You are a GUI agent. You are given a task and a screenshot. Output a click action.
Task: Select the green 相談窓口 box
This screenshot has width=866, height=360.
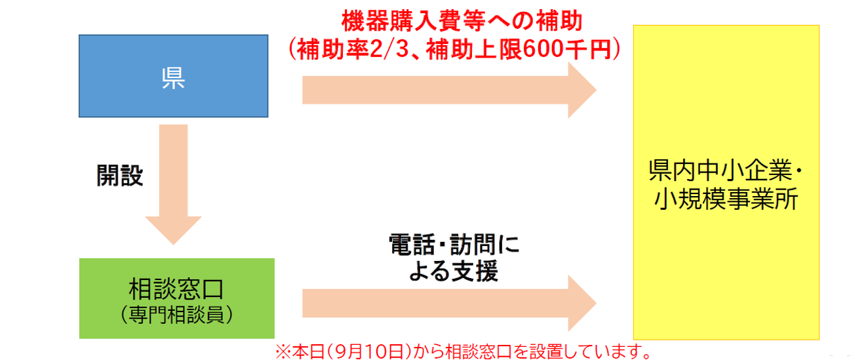[176, 298]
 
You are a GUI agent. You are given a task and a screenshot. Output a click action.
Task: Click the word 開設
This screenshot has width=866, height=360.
[120, 175]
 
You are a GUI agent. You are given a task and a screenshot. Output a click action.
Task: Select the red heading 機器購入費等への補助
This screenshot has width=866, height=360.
[462, 22]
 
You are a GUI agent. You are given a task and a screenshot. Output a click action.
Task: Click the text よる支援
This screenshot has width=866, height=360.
[453, 270]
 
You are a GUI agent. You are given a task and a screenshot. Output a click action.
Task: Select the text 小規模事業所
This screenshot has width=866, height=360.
[726, 199]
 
